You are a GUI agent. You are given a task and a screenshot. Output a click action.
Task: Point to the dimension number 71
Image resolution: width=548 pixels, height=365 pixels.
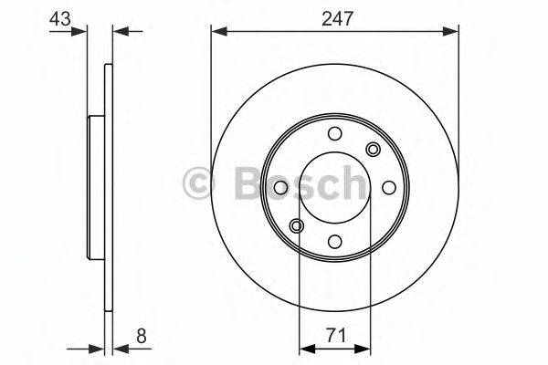(x=334, y=335)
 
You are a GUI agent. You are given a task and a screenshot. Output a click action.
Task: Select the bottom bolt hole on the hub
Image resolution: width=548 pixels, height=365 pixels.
(x=334, y=241)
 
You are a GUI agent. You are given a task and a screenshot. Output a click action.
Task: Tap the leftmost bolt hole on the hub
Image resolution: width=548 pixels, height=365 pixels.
(x=280, y=187)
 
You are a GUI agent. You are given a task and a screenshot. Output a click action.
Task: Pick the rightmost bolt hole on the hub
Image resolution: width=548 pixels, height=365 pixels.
(x=388, y=187)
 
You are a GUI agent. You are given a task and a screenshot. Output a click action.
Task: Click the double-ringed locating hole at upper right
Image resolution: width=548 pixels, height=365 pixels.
(x=373, y=149)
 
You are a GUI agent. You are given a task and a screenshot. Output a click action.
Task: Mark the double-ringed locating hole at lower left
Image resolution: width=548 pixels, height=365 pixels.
(x=296, y=225)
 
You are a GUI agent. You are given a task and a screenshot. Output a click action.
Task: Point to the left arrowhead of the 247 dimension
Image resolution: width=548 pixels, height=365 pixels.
(x=218, y=32)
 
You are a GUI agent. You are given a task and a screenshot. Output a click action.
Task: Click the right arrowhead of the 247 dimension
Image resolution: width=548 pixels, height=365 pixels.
(x=452, y=32)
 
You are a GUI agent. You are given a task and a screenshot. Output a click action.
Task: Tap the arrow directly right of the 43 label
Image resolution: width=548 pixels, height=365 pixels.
(x=80, y=32)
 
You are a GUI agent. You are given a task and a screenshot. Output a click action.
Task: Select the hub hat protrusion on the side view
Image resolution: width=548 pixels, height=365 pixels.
(x=94, y=187)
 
